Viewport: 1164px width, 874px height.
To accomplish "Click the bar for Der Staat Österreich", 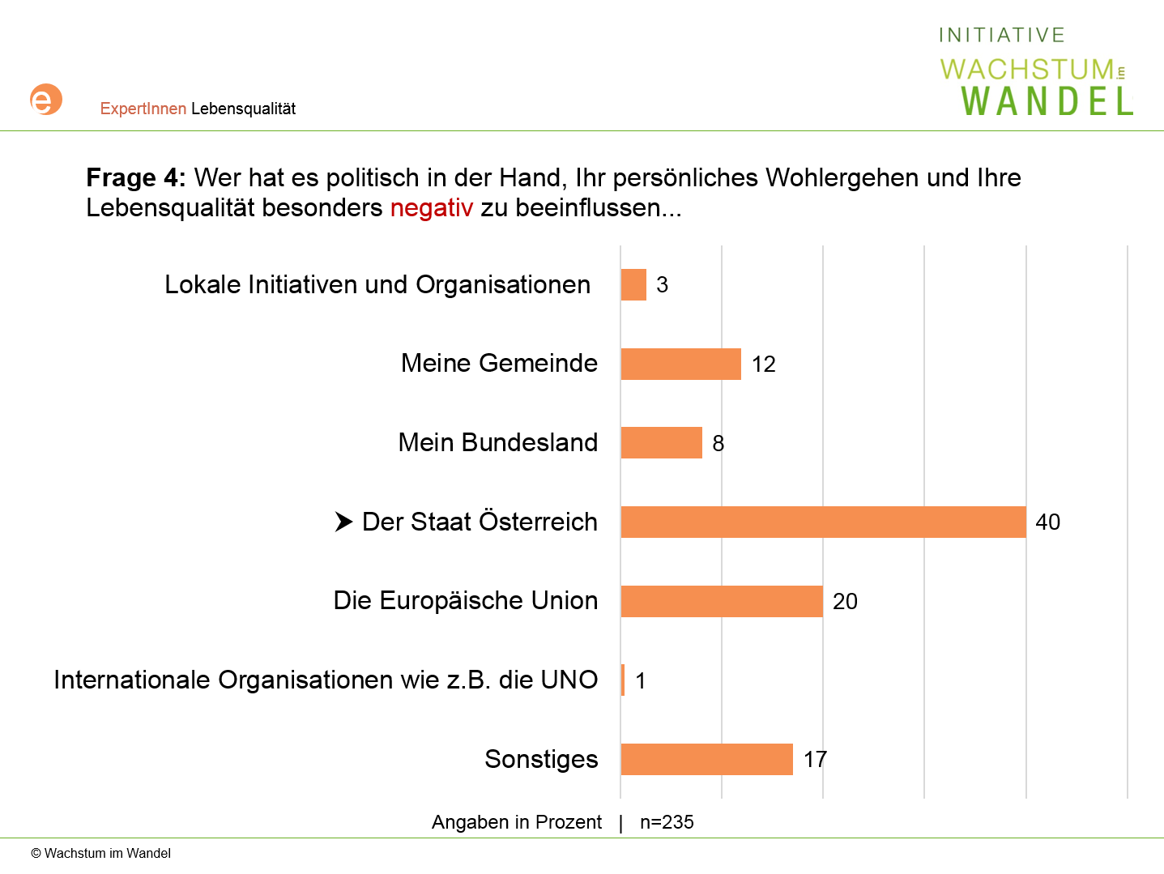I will coord(823,522).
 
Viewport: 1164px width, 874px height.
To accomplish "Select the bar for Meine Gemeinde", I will coord(680,364).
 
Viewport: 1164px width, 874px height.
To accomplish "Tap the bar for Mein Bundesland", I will coord(661,442).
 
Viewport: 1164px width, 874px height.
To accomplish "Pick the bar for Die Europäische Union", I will coord(722,601).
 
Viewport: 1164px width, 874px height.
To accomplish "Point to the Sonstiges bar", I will coord(706,759).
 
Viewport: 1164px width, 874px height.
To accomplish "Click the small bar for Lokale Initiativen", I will coord(633,284).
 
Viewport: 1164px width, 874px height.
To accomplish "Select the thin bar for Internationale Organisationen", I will coord(623,680).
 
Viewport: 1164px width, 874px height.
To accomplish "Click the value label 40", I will coord(1047,522).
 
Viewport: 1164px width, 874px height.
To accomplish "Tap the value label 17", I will coord(815,759).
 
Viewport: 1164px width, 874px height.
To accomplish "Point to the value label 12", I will coord(763,364).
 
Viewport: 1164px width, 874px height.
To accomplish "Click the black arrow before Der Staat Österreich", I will coord(343,522).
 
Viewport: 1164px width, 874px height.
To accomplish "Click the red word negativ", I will coord(431,208).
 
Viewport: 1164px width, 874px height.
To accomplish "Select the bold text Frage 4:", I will coord(135,177).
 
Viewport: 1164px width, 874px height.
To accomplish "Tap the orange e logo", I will coord(45,100).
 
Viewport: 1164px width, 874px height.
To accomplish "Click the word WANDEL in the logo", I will coord(1047,101).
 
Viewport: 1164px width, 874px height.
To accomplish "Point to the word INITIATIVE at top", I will coord(1001,35).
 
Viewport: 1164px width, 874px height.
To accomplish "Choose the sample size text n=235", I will coord(667,822).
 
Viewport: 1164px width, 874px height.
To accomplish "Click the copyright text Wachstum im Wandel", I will coord(101,853).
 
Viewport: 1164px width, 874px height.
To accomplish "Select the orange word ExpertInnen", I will coord(143,109).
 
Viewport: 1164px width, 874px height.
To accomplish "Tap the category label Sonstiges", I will coord(541,759).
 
